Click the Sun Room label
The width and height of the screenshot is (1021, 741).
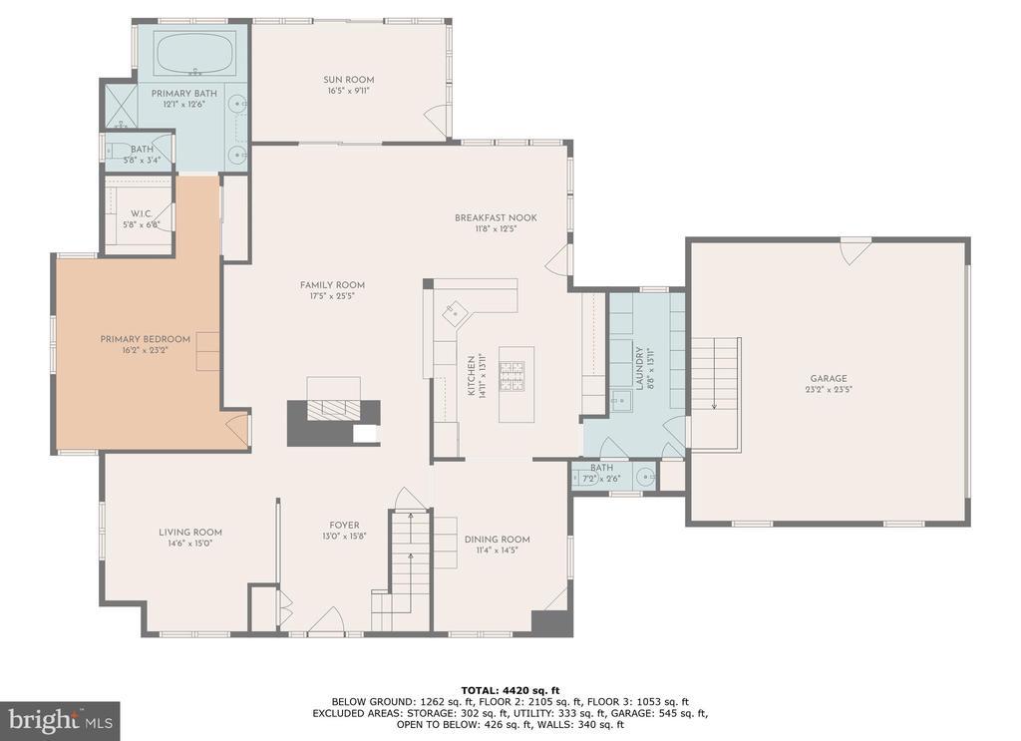point(348,80)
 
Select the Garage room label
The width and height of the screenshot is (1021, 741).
point(829,378)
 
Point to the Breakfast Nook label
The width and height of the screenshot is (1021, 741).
point(496,217)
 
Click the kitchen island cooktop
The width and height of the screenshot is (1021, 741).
point(511,376)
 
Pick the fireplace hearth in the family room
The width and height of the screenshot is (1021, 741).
point(333,410)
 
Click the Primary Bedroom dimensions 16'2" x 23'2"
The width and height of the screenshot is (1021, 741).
point(145,350)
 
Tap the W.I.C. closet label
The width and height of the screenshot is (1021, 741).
point(141,214)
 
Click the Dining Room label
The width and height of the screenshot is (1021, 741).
point(497,540)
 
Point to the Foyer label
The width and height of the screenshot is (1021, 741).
point(344,526)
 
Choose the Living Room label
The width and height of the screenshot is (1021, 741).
point(190,532)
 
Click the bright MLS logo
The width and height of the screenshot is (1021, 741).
point(60,721)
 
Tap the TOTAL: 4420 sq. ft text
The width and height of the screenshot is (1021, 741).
point(510,691)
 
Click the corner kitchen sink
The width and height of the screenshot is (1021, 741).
point(455,312)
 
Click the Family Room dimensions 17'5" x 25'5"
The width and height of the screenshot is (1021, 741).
point(332,296)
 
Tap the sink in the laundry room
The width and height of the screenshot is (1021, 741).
point(621,400)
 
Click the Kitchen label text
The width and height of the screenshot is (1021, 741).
point(472,376)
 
